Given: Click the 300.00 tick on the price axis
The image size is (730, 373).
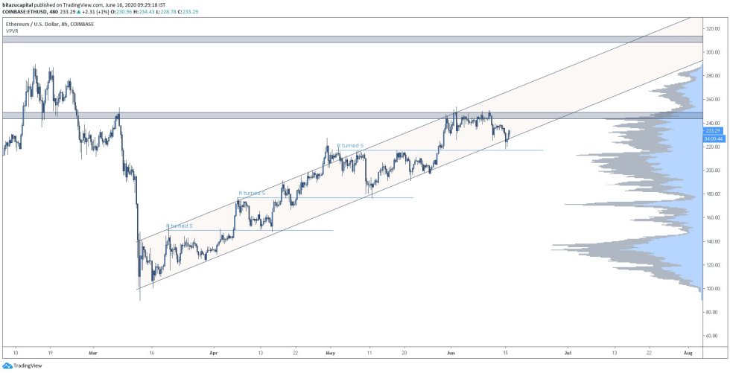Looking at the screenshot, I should (713, 52).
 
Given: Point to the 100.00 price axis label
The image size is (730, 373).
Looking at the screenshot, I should (713, 289).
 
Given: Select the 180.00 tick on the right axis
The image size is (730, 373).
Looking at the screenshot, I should (713, 194).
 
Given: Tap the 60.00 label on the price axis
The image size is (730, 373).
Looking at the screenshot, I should (712, 336).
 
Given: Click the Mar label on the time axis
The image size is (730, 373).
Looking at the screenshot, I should (92, 353).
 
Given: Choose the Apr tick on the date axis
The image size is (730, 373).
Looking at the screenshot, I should (214, 353).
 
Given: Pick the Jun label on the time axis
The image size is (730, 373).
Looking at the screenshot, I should (450, 353).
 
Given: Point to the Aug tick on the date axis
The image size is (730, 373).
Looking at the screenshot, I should (688, 353).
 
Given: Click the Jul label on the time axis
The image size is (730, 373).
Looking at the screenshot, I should (568, 353).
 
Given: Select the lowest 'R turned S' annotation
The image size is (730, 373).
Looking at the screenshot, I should (180, 226).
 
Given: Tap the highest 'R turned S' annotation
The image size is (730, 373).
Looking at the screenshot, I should (350, 146).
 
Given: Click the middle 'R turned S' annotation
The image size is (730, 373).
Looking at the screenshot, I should (251, 193).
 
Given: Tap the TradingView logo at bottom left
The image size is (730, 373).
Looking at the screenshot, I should (22, 366).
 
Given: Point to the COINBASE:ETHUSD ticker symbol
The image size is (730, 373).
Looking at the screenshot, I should (26, 12).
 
